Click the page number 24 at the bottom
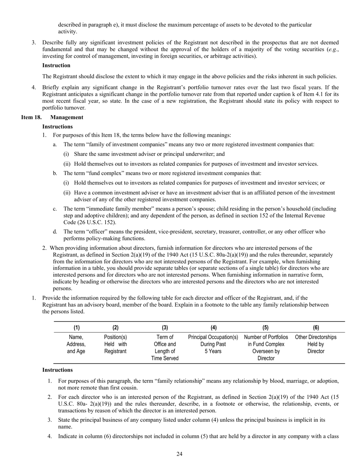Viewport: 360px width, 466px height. point(180,454)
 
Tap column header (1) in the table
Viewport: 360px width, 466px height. point(76,328)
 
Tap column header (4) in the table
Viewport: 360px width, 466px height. point(213,328)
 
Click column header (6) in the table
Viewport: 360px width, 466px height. point(316,328)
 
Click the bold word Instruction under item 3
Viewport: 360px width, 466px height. point(56,66)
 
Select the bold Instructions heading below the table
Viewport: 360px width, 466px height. point(57,370)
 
